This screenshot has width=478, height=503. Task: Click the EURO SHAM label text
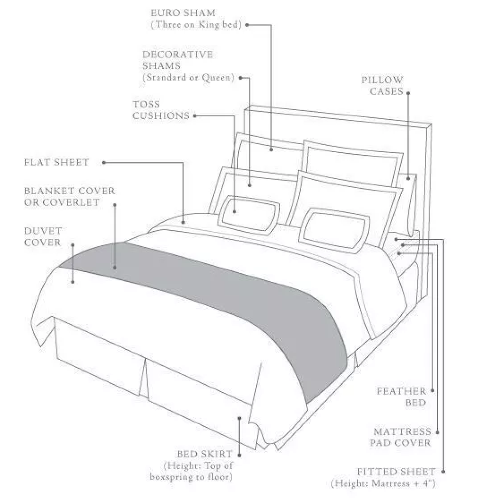tap(183, 13)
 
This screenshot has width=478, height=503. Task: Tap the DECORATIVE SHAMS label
tap(177, 60)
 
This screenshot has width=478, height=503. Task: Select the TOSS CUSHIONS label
tap(161, 110)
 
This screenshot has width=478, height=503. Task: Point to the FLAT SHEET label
tap(57, 162)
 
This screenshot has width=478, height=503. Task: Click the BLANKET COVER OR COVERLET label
tap(69, 197)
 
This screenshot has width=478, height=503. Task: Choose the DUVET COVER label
tap(42, 236)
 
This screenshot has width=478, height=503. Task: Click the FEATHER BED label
tap(401, 397)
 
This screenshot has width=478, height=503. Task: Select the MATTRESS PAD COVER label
tap(401, 437)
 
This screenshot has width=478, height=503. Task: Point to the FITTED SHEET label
tap(396, 472)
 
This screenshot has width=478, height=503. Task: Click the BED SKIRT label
tap(204, 454)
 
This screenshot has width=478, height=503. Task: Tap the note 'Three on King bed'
tap(196, 25)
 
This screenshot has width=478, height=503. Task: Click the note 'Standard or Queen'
tap(189, 77)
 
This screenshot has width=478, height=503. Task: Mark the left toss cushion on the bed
tap(249, 215)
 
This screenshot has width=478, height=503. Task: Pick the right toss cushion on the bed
tap(334, 230)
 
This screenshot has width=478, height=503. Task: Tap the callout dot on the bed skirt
tap(239, 418)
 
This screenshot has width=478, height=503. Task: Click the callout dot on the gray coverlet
tap(115, 267)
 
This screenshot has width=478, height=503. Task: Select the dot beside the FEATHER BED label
tap(432, 391)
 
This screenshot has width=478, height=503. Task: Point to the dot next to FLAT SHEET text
tap(104, 163)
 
